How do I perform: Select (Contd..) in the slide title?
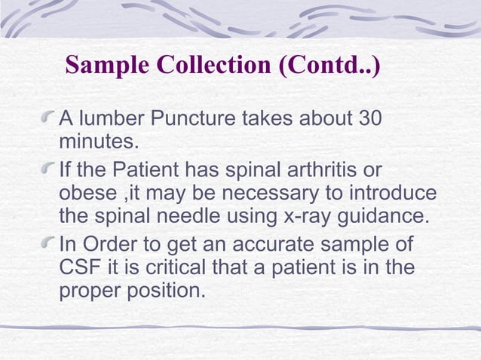point(329,65)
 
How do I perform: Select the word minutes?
point(99,140)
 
